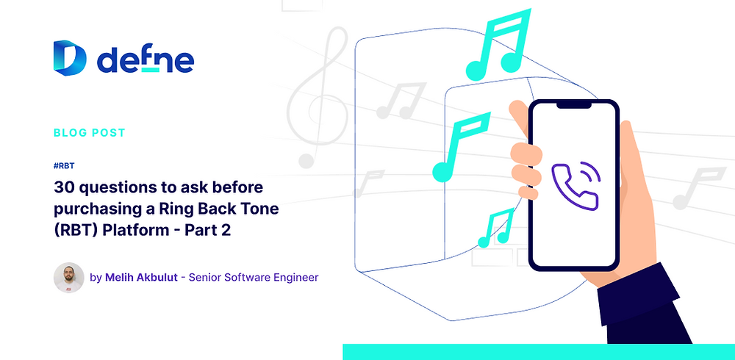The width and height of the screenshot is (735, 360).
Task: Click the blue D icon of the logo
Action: point(70,58)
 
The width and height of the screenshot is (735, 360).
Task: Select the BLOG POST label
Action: point(90,133)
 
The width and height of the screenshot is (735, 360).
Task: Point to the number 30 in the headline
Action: point(64,187)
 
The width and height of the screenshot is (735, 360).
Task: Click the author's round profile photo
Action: point(68,278)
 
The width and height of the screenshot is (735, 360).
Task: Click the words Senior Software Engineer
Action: point(254,278)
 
